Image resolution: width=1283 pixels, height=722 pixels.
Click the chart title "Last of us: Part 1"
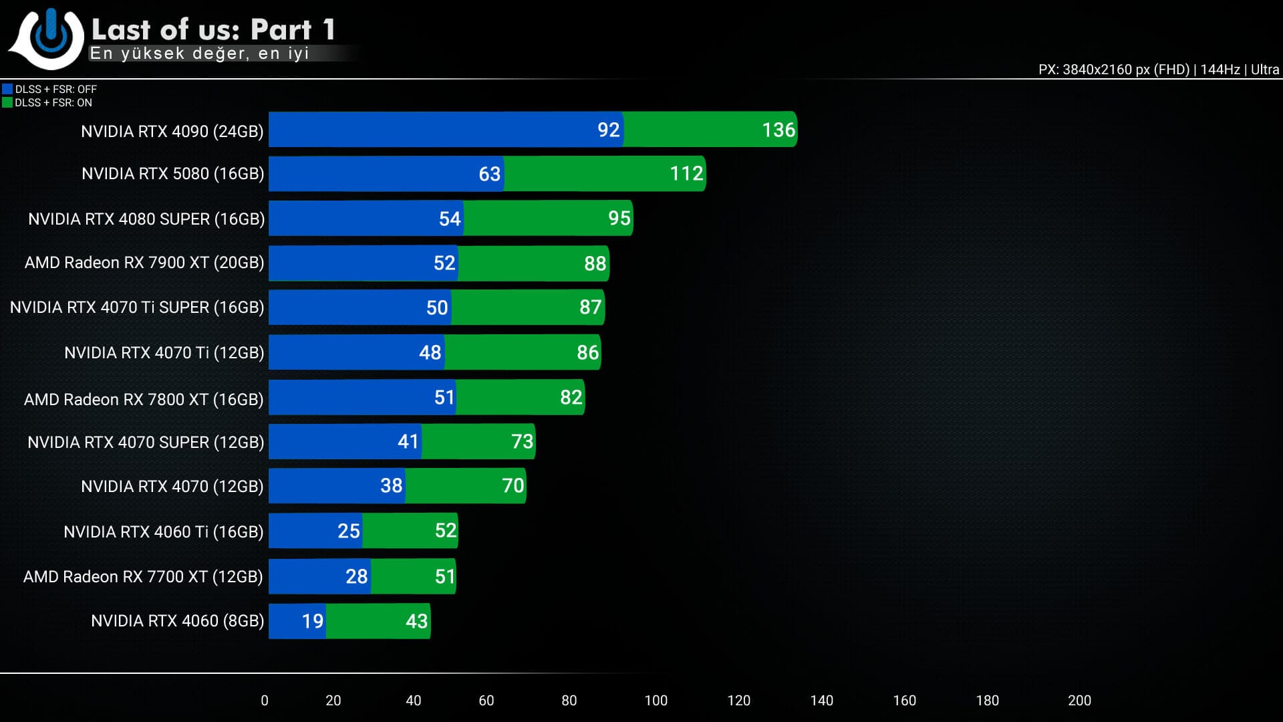pos(213,29)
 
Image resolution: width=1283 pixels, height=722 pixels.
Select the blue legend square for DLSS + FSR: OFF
pos(7,89)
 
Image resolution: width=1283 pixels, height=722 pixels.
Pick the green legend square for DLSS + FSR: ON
pos(7,102)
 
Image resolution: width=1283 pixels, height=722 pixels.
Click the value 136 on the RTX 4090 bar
pos(778,130)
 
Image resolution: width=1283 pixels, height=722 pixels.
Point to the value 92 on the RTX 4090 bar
pos(608,130)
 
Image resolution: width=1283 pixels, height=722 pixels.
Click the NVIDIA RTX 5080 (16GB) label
pos(172,174)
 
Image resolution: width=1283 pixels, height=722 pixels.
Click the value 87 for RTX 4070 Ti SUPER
pos(591,308)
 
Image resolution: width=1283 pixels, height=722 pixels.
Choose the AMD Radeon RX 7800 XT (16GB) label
pos(144,399)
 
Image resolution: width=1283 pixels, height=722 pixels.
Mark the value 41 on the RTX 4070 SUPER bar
pos(408,442)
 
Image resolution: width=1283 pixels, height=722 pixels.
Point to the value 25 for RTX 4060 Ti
pos(349,531)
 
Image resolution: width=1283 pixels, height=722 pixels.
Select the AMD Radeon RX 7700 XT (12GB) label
pos(143,576)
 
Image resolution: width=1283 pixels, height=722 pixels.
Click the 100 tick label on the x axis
pos(656,701)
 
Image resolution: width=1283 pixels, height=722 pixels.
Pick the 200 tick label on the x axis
pos(1079,701)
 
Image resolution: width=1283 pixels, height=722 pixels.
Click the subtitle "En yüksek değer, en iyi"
pos(199,53)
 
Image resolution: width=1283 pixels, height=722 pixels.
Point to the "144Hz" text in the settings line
pos(1220,70)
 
